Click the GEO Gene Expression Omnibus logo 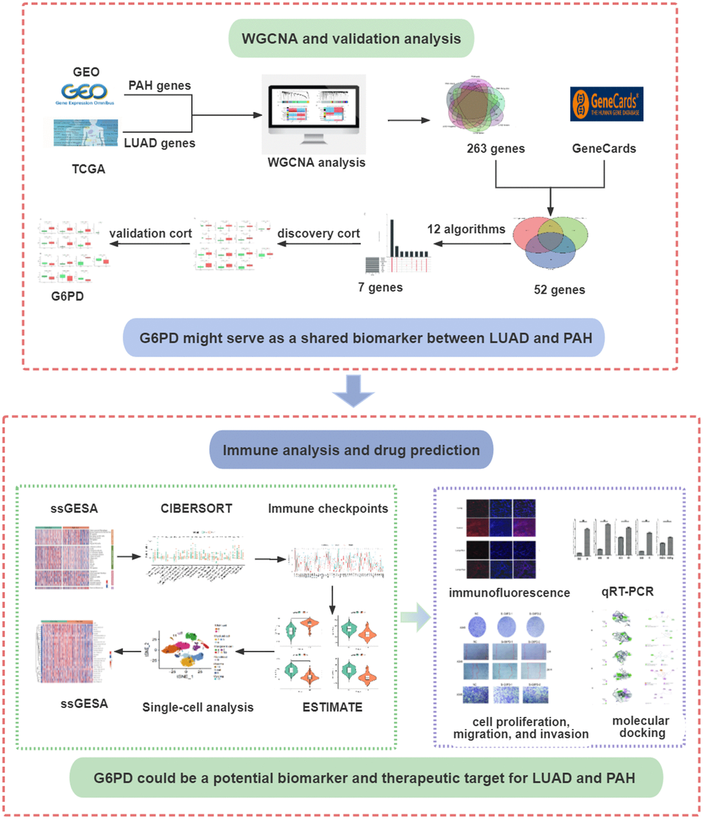(x=86, y=93)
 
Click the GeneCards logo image (x=606, y=104)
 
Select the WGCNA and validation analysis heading (x=351, y=38)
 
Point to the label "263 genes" (x=496, y=148)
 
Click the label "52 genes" (x=559, y=289)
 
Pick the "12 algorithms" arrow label (x=466, y=229)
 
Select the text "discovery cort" (x=318, y=233)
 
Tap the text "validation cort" (x=150, y=233)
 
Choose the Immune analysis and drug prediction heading (x=351, y=450)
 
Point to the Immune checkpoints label (x=328, y=508)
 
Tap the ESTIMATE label (x=332, y=707)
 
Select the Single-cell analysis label (x=197, y=707)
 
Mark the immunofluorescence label (x=509, y=592)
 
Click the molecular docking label (x=641, y=726)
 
